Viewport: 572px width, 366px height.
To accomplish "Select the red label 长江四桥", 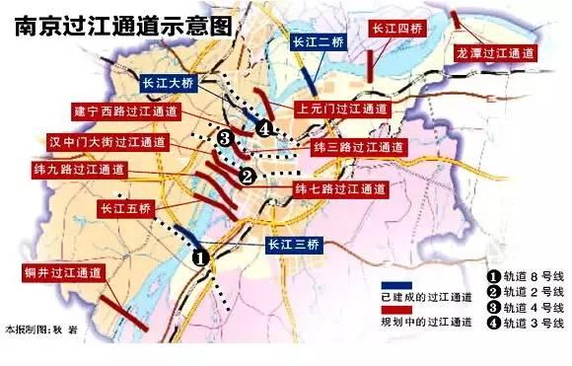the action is pyautogui.click(x=394, y=28).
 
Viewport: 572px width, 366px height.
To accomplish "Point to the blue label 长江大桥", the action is pyautogui.click(x=173, y=83).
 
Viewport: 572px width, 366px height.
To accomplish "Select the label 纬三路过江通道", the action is pyautogui.click(x=358, y=147).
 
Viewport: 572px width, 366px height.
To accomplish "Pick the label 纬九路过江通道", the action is pyautogui.click(x=77, y=170).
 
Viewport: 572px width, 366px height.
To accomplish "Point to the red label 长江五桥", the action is pyautogui.click(x=124, y=208).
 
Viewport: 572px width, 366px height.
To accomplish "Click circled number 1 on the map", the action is pyautogui.click(x=199, y=258).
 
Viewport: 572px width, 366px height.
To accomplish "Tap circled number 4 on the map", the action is pyautogui.click(x=263, y=128).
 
